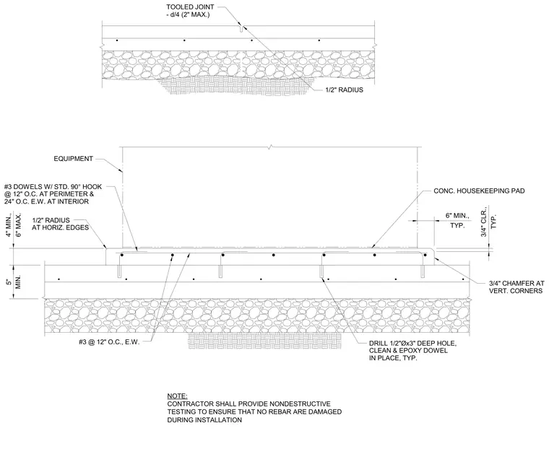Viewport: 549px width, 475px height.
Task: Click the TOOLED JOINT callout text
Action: tap(190, 11)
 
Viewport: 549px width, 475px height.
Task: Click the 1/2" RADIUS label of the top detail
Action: tap(344, 90)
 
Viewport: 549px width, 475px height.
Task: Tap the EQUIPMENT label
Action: tap(73, 159)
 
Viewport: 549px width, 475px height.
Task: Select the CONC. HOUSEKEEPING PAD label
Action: tap(479, 191)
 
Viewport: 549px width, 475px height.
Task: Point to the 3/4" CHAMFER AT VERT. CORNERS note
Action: tap(516, 287)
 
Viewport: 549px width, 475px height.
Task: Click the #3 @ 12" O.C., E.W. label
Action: tap(109, 342)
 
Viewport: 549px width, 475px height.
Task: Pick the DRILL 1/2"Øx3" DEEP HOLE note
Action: tap(412, 351)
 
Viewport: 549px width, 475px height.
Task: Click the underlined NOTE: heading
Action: tap(177, 396)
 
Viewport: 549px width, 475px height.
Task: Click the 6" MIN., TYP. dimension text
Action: tap(457, 220)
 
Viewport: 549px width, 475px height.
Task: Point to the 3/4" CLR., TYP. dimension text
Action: tap(488, 222)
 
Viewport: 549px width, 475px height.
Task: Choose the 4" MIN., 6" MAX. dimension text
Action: tap(14, 225)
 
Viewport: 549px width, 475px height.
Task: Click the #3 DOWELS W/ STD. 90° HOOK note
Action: tap(53, 194)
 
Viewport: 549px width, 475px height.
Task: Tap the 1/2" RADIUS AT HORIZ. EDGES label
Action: tap(60, 224)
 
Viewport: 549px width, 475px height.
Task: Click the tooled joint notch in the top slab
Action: tap(241, 29)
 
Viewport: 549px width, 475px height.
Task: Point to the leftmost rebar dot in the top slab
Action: tap(117, 40)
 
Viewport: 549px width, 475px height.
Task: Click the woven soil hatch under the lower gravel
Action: tap(264, 341)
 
